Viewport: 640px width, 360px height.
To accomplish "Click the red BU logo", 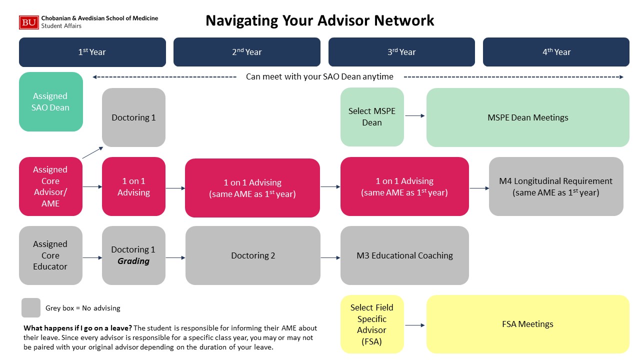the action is pos(29,22).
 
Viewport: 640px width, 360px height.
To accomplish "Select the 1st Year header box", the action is pos(92,52).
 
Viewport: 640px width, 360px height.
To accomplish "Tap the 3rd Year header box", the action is pos(401,52).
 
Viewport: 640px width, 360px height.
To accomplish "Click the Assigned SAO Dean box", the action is pos(51,101).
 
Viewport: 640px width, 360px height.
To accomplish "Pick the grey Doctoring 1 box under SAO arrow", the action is pos(133,117).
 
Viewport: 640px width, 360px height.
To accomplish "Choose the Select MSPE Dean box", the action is pos(372,117).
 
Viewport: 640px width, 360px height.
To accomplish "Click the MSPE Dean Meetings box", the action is pos(527,117).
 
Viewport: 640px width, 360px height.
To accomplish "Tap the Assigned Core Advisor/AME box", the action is pos(50,186).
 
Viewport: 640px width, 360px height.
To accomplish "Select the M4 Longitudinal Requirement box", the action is pos(556,186).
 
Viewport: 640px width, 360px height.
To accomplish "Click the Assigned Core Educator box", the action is pos(50,255).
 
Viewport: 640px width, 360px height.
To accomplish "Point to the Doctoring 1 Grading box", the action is pos(133,255).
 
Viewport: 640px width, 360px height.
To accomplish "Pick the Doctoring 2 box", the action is pos(253,255).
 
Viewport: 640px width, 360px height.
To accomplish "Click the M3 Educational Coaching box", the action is pos(404,255).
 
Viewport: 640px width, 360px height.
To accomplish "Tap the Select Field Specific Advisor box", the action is pos(372,324).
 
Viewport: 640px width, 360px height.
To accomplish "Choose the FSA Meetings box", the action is pos(527,324).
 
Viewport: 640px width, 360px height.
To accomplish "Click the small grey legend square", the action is pos(31,307).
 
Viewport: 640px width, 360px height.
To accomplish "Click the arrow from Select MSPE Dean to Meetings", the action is pos(415,115).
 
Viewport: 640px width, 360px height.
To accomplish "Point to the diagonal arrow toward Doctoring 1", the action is pos(92,152).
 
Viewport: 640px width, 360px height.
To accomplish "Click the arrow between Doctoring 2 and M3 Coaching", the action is pos(330,257).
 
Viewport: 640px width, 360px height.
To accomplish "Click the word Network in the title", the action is pos(404,20).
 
